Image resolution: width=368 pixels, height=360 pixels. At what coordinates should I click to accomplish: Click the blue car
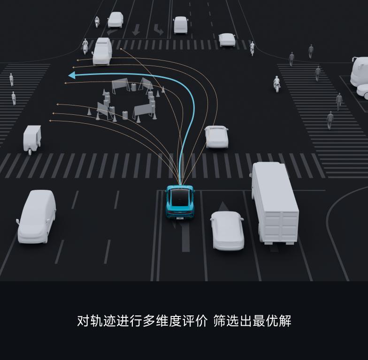(180, 202)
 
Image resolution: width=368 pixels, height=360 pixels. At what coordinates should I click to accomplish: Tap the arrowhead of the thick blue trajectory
(72, 75)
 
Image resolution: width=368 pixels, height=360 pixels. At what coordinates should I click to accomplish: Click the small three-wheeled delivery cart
(32, 138)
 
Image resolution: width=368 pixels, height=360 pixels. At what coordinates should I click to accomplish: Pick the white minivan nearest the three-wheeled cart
(37, 216)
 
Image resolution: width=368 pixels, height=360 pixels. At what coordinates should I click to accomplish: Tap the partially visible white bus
(360, 77)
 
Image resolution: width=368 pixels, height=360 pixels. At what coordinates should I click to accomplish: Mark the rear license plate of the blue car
(180, 217)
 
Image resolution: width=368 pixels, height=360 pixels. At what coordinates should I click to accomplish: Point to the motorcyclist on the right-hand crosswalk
(277, 83)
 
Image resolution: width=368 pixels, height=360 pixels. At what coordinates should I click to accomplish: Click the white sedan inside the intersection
(216, 136)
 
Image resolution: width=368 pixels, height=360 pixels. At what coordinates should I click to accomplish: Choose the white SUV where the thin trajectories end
(102, 52)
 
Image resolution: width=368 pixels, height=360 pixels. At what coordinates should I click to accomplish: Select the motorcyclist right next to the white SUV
(85, 46)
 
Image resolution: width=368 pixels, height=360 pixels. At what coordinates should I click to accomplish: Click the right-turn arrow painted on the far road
(158, 30)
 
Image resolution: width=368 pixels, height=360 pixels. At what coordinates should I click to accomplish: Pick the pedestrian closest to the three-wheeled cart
(14, 98)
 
